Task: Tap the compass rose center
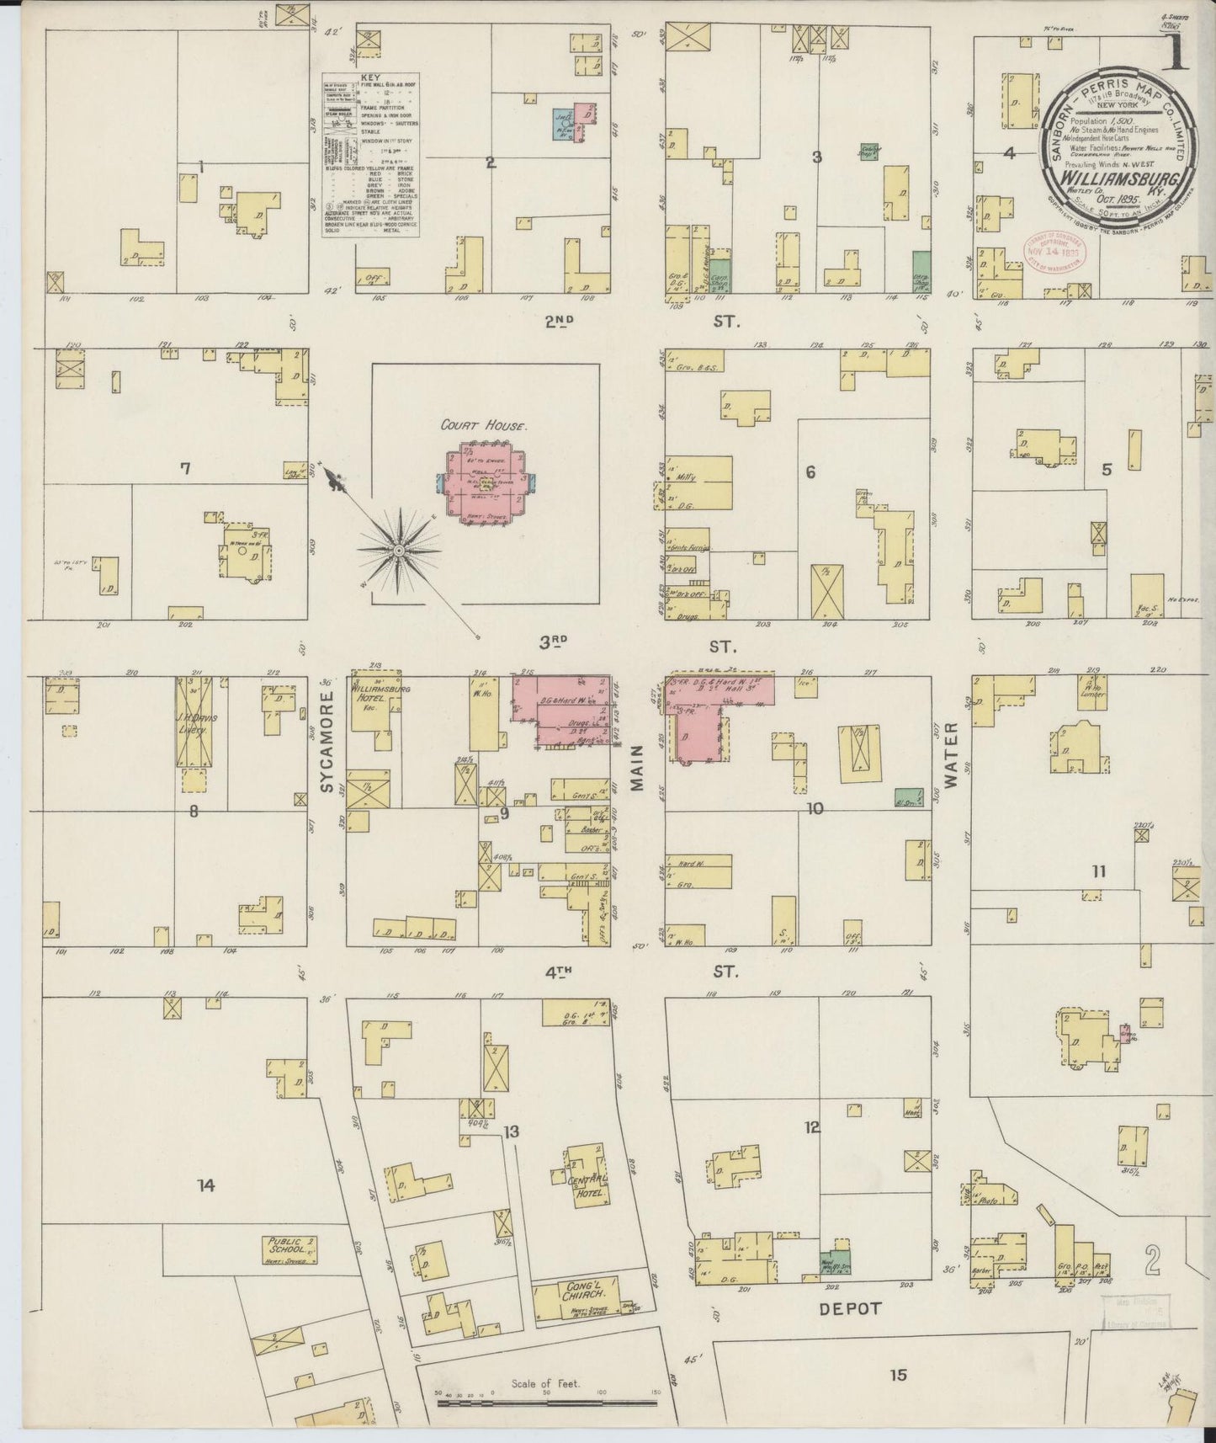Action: point(397,549)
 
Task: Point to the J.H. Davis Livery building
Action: point(194,721)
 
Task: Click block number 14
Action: point(205,1185)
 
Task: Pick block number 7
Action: point(185,469)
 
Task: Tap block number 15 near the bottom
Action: point(898,1375)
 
